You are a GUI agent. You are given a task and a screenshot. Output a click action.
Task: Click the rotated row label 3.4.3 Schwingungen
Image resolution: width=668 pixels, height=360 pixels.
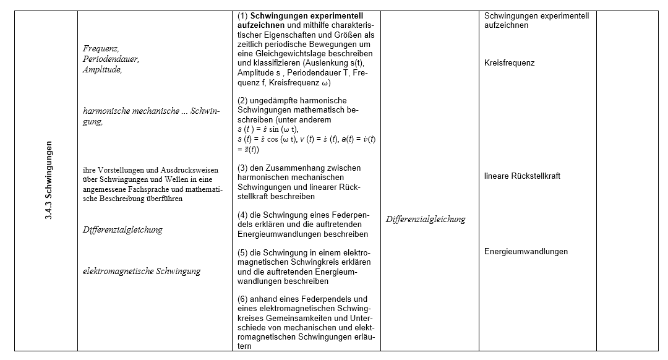coord(48,181)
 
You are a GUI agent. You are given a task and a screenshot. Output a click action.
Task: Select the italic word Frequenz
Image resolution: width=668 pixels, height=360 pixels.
coord(101,48)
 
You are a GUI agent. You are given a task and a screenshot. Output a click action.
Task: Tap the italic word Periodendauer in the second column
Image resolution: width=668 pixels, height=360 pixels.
coord(111,59)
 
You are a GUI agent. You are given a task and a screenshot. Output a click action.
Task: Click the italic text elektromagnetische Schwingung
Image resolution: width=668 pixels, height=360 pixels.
coord(142,271)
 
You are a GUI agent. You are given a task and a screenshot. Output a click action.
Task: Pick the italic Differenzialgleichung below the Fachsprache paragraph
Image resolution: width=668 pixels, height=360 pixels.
coord(122,229)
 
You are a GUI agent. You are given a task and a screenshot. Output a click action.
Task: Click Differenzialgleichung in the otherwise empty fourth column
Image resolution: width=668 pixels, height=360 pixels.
coord(426,219)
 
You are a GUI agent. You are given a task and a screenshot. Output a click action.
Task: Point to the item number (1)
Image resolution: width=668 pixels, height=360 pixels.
coord(242,15)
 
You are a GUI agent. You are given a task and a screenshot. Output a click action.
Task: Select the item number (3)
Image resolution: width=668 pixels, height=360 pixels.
coord(242,168)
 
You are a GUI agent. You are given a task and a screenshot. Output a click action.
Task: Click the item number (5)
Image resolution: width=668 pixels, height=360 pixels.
coord(242,252)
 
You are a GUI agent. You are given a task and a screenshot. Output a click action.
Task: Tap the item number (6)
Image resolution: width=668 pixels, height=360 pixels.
coord(242,299)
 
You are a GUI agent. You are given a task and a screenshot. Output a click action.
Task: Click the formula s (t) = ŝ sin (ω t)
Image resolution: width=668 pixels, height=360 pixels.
coord(268,129)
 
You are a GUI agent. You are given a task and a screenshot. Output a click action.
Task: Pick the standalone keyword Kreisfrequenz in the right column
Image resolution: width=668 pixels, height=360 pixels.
coord(510,63)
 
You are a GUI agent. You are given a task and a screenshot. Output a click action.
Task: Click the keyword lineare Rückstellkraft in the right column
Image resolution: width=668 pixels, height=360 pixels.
coord(522,176)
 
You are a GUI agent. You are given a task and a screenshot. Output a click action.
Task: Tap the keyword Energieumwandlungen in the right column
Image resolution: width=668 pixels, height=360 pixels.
coord(526,252)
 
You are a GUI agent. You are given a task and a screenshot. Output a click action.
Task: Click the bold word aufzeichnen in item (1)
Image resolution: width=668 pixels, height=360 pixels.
coord(260,25)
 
